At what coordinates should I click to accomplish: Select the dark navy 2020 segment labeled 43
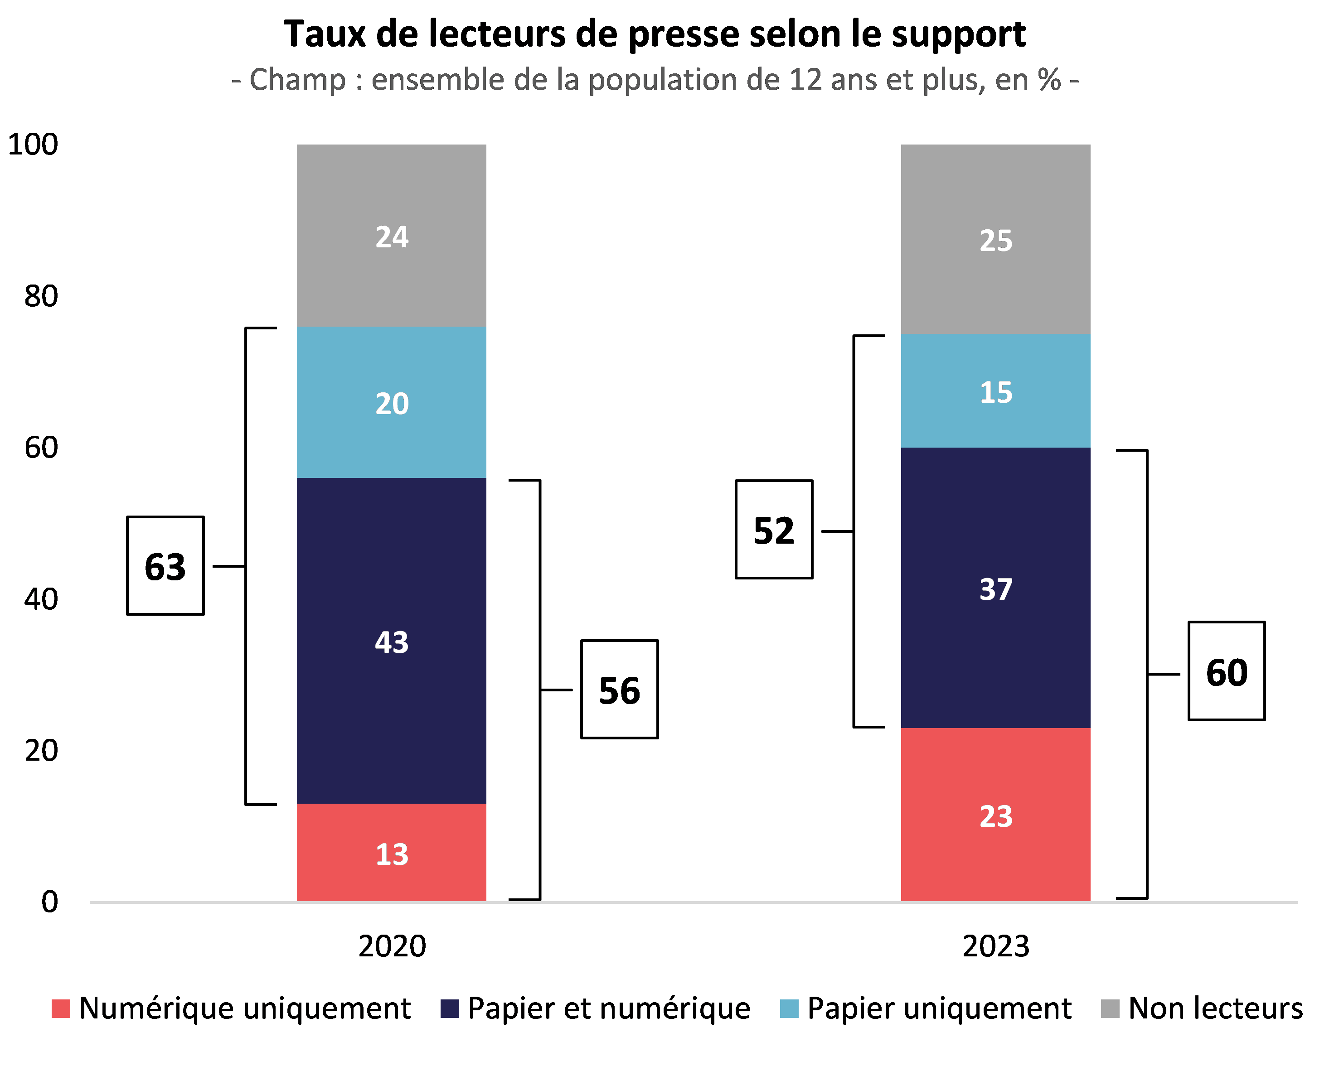391,641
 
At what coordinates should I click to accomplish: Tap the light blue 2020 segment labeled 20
391,402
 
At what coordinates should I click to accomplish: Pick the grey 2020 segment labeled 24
391,236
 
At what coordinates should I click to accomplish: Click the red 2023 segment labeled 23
995,815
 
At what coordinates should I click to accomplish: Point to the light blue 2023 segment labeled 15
995,391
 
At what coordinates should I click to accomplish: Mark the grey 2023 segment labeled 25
995,240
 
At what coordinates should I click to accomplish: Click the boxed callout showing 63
165,565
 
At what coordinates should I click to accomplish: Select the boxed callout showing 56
619,689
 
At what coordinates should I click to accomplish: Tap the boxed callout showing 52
774,530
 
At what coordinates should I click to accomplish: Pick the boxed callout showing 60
1227,671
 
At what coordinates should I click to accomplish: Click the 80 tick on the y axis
41,296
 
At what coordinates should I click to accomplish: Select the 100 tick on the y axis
33,144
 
